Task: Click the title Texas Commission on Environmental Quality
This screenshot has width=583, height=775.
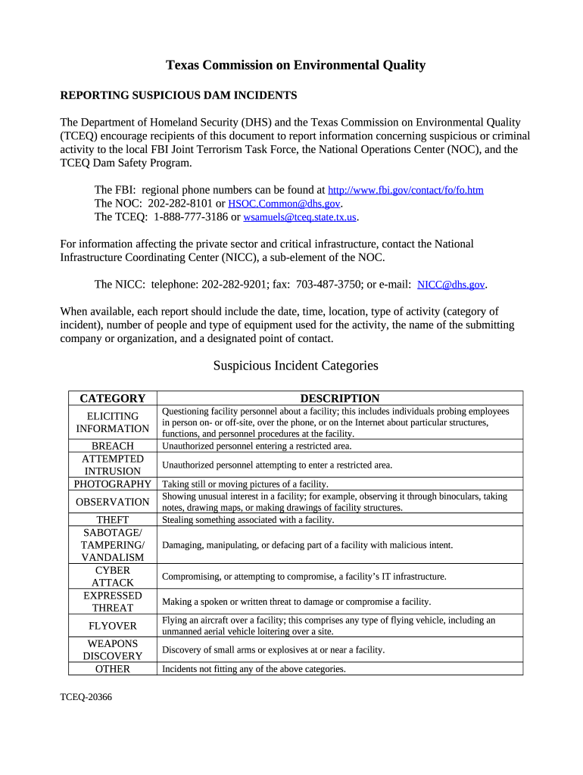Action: pos(295,65)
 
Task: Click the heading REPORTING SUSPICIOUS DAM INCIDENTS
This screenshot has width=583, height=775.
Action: pos(178,95)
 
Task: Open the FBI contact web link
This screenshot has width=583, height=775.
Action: pos(405,190)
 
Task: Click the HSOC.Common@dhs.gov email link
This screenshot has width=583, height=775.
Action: pos(284,204)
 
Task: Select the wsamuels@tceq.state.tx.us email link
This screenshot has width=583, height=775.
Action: pos(299,217)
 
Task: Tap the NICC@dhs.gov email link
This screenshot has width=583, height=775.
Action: pos(451,285)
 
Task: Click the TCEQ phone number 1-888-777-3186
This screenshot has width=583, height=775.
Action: pos(190,217)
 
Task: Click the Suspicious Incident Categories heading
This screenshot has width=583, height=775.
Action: pos(295,366)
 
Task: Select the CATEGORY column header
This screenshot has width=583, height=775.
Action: pos(113,398)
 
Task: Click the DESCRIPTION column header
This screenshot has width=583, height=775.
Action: pos(340,398)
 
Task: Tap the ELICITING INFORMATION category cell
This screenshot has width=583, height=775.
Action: pos(113,422)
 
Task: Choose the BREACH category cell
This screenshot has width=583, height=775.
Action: pos(113,446)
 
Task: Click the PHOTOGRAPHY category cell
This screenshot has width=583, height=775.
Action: pos(113,484)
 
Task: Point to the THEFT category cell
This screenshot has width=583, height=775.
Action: pos(113,520)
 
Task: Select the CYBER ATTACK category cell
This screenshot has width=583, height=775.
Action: pos(113,576)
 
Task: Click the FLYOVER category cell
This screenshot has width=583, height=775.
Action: pos(113,626)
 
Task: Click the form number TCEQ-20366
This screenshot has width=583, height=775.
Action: pos(86,696)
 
